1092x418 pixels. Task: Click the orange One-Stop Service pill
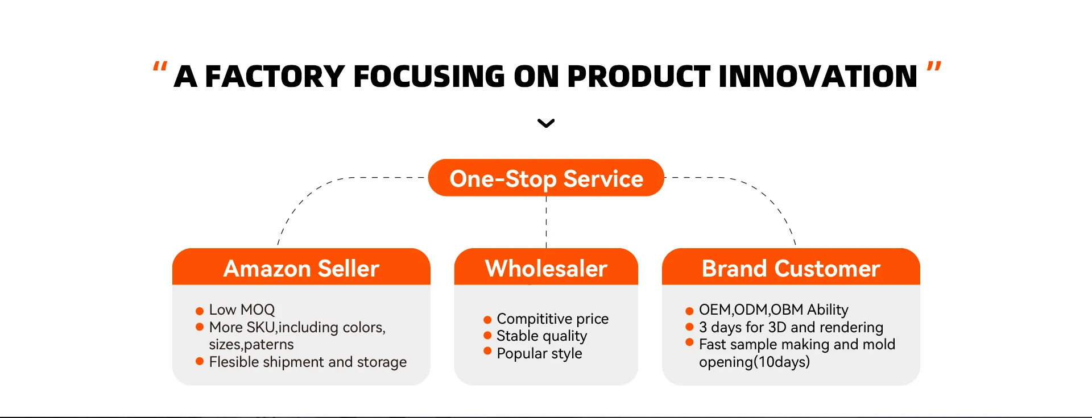pos(546,178)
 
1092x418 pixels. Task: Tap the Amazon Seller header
pos(301,267)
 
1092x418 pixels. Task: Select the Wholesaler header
pos(546,267)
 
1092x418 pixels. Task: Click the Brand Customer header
pos(791,267)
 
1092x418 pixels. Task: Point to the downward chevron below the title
pos(546,123)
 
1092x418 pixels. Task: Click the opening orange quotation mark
pos(160,66)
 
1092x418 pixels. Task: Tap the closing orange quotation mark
pos(934,66)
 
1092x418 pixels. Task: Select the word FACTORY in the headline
pos(275,77)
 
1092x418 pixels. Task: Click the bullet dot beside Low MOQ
pos(200,311)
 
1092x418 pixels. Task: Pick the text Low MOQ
pos(242,310)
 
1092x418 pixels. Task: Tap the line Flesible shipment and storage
pos(308,362)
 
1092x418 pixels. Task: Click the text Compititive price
pos(553,319)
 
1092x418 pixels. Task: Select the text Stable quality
pos(542,336)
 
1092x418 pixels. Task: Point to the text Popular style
pos(540,354)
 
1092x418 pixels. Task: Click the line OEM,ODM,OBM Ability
pos(773,310)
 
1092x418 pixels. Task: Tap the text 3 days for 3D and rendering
pos(791,328)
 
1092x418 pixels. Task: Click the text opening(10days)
pos(754,362)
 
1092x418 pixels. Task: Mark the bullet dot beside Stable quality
pos(487,336)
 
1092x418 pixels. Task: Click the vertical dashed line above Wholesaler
pos(547,222)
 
